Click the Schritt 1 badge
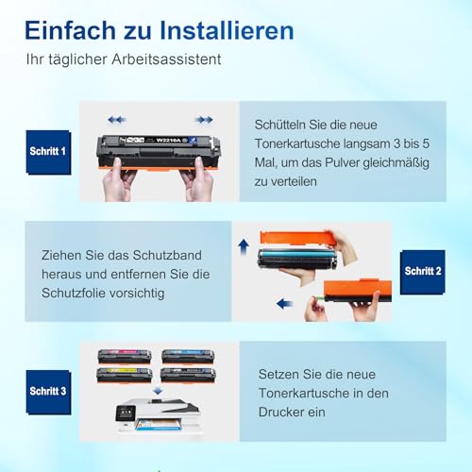(x=47, y=152)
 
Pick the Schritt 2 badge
(x=423, y=271)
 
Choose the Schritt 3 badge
(x=48, y=390)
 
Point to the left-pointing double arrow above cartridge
(x=116, y=120)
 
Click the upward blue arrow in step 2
(x=242, y=248)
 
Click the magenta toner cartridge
(x=124, y=357)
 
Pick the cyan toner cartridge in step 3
(x=187, y=357)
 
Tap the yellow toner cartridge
(x=124, y=374)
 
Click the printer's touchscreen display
(x=128, y=413)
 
